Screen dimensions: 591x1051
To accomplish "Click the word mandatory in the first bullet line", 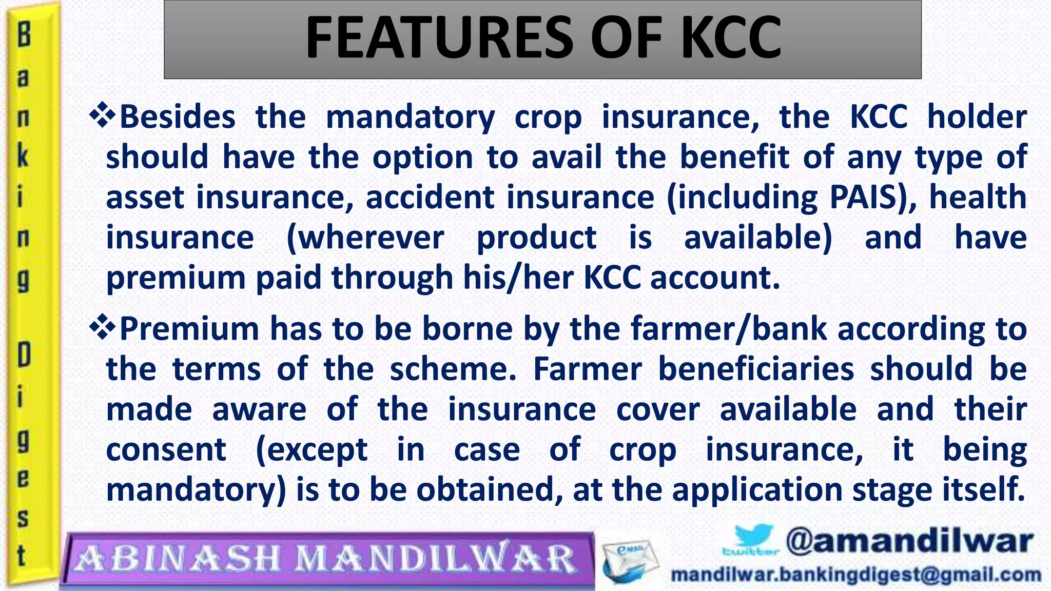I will coord(410,117).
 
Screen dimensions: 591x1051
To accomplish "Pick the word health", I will coord(978,197).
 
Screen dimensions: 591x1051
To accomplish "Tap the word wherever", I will coord(365,238).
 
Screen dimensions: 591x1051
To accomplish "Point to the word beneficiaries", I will coord(756,369).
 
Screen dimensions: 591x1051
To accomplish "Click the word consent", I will coord(166,450).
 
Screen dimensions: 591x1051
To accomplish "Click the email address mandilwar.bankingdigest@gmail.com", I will coord(856,575).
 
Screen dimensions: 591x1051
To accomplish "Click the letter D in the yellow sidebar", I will coord(24,356).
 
